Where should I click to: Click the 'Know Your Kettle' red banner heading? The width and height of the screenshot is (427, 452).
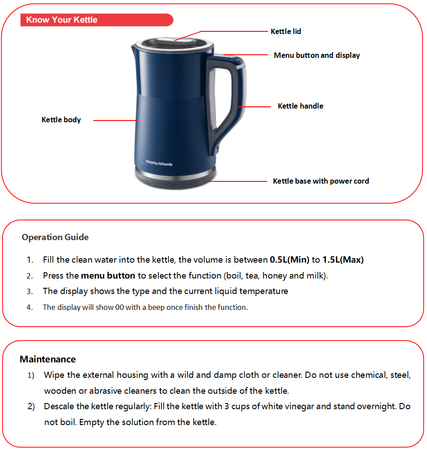pos(62,20)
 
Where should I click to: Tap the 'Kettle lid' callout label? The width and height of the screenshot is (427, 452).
pos(286,31)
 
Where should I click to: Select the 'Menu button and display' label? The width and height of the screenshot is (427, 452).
pos(317,55)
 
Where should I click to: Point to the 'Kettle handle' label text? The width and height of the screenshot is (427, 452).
pos(300,106)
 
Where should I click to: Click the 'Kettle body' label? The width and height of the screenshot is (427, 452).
pos(61,120)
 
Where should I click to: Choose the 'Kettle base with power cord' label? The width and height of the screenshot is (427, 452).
pos(321,181)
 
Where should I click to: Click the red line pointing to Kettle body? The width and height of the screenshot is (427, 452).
pos(115,120)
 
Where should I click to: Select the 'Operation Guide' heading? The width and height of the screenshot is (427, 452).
pos(55,237)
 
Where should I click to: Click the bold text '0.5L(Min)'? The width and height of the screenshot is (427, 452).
pos(289,260)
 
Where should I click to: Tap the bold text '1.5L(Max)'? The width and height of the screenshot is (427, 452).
pos(343,260)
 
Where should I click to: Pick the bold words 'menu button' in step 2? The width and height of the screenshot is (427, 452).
pos(108,276)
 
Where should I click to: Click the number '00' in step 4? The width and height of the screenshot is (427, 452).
pos(119,308)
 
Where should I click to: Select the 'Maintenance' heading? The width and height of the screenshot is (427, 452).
pos(48,359)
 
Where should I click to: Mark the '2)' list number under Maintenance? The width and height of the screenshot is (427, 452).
pos(31,406)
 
